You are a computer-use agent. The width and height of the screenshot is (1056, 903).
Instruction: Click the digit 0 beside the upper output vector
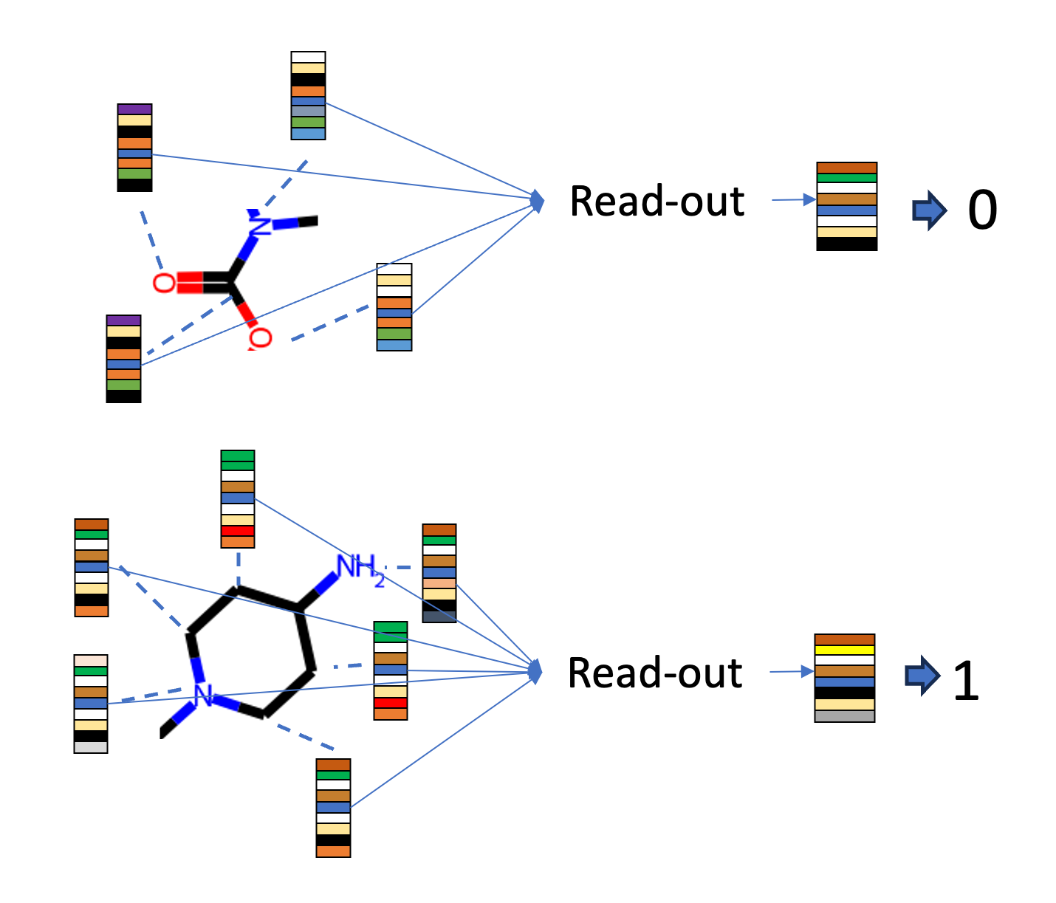click(x=981, y=210)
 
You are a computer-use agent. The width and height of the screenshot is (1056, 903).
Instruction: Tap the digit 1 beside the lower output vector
click(x=965, y=680)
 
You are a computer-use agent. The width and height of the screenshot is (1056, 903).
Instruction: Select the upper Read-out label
click(x=656, y=201)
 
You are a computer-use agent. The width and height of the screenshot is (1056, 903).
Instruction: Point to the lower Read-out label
click(x=654, y=673)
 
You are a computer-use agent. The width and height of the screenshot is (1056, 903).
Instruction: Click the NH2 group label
click(x=360, y=569)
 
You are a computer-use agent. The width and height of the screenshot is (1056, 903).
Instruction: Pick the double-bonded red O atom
click(x=164, y=283)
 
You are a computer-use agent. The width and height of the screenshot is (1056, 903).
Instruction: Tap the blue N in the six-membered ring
click(x=203, y=696)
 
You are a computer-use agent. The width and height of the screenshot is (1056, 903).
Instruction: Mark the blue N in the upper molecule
click(x=259, y=223)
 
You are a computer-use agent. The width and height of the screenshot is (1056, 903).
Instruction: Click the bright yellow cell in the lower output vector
click(x=844, y=650)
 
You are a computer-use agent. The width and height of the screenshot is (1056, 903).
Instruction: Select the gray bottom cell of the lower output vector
click(x=844, y=716)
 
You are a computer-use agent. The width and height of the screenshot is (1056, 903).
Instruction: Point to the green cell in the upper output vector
click(x=846, y=178)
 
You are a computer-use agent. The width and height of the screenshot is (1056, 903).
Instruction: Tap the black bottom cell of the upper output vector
click(x=846, y=244)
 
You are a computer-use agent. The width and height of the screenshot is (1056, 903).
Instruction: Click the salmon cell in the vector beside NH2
click(x=439, y=583)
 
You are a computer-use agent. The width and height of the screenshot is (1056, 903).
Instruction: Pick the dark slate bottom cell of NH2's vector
click(x=439, y=617)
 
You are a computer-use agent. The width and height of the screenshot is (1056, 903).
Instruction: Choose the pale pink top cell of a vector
click(x=91, y=660)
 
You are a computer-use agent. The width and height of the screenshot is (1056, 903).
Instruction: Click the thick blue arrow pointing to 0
click(x=929, y=210)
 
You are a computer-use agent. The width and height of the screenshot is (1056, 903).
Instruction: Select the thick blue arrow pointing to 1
click(x=922, y=675)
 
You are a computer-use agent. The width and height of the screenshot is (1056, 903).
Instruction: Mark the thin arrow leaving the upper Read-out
click(x=793, y=199)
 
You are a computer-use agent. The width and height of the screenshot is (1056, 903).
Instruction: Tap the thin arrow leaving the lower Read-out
click(x=792, y=671)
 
